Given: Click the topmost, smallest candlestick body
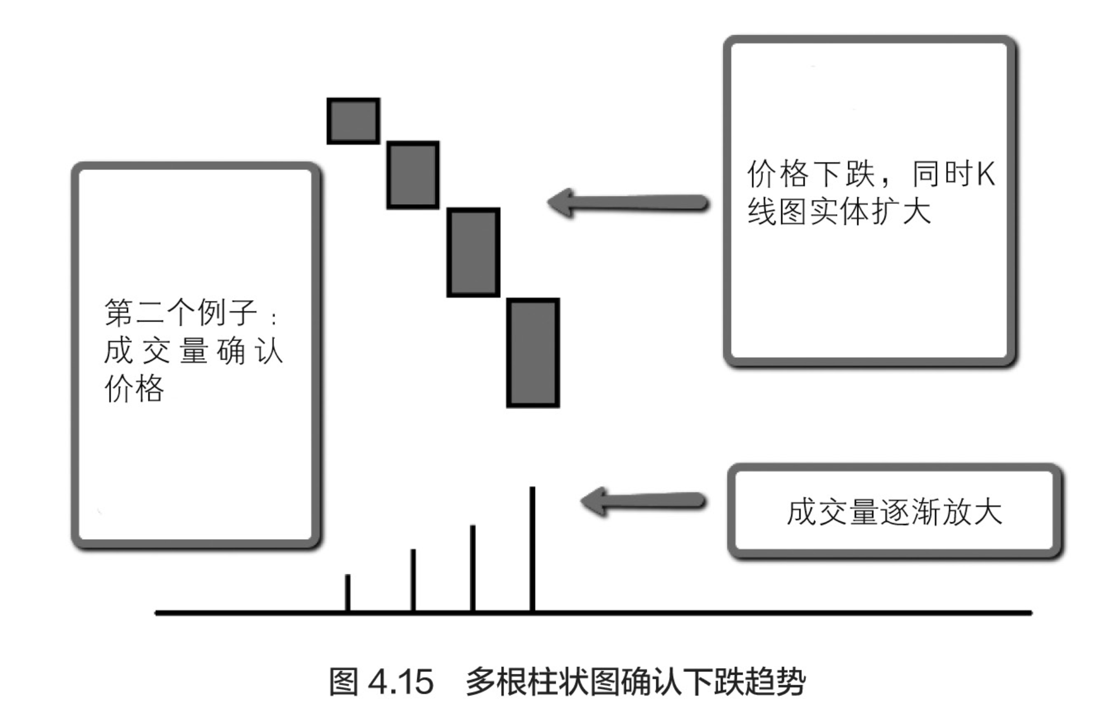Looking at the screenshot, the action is pyautogui.click(x=353, y=121).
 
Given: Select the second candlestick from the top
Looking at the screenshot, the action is pyautogui.click(x=413, y=175).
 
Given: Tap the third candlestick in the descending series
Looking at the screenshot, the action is pyautogui.click(x=473, y=252).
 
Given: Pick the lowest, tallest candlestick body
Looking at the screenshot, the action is pyautogui.click(x=533, y=353).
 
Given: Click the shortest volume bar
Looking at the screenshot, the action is pyautogui.click(x=348, y=593).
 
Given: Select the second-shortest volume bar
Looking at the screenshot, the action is pyautogui.click(x=413, y=580).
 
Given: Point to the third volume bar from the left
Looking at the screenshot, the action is pyautogui.click(x=473, y=568).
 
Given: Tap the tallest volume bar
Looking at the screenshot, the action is pyautogui.click(x=532, y=549).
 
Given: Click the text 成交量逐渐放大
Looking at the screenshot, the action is pyautogui.click(x=894, y=512).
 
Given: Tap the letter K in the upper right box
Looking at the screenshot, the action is pyautogui.click(x=985, y=174).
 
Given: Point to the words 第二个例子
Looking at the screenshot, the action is pyautogui.click(x=181, y=312).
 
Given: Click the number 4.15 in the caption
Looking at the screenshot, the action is pyautogui.click(x=401, y=682).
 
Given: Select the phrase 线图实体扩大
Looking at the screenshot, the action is pyautogui.click(x=839, y=212).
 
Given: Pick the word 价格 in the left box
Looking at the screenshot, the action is pyautogui.click(x=134, y=388).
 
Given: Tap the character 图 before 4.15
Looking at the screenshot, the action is pyautogui.click(x=343, y=682).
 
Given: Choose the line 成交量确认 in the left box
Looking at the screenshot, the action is pyautogui.click(x=193, y=351).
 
